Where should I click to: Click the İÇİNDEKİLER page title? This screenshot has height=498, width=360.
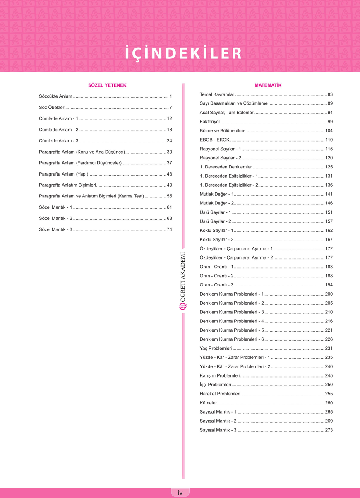(x=183, y=53)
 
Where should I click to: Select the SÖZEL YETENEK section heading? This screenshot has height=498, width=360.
(x=107, y=85)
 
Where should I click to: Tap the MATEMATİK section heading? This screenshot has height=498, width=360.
(x=268, y=85)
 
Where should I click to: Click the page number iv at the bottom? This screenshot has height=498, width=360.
(x=180, y=493)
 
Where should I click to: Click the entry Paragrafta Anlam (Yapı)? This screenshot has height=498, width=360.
(x=63, y=174)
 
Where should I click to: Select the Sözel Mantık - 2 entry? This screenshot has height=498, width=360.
(x=55, y=218)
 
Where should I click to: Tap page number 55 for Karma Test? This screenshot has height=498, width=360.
(x=169, y=196)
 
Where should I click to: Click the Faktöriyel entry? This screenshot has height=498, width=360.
(x=209, y=122)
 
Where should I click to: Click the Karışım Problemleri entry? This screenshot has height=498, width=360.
(x=220, y=375)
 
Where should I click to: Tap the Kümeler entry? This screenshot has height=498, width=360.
(x=208, y=403)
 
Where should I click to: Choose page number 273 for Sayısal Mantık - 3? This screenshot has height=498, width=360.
(x=329, y=430)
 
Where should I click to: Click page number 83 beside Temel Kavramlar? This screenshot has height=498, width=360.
(x=330, y=94)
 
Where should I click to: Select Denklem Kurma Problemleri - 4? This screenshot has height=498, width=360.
(x=231, y=321)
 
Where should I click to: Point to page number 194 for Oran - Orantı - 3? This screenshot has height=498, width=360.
(x=329, y=285)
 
